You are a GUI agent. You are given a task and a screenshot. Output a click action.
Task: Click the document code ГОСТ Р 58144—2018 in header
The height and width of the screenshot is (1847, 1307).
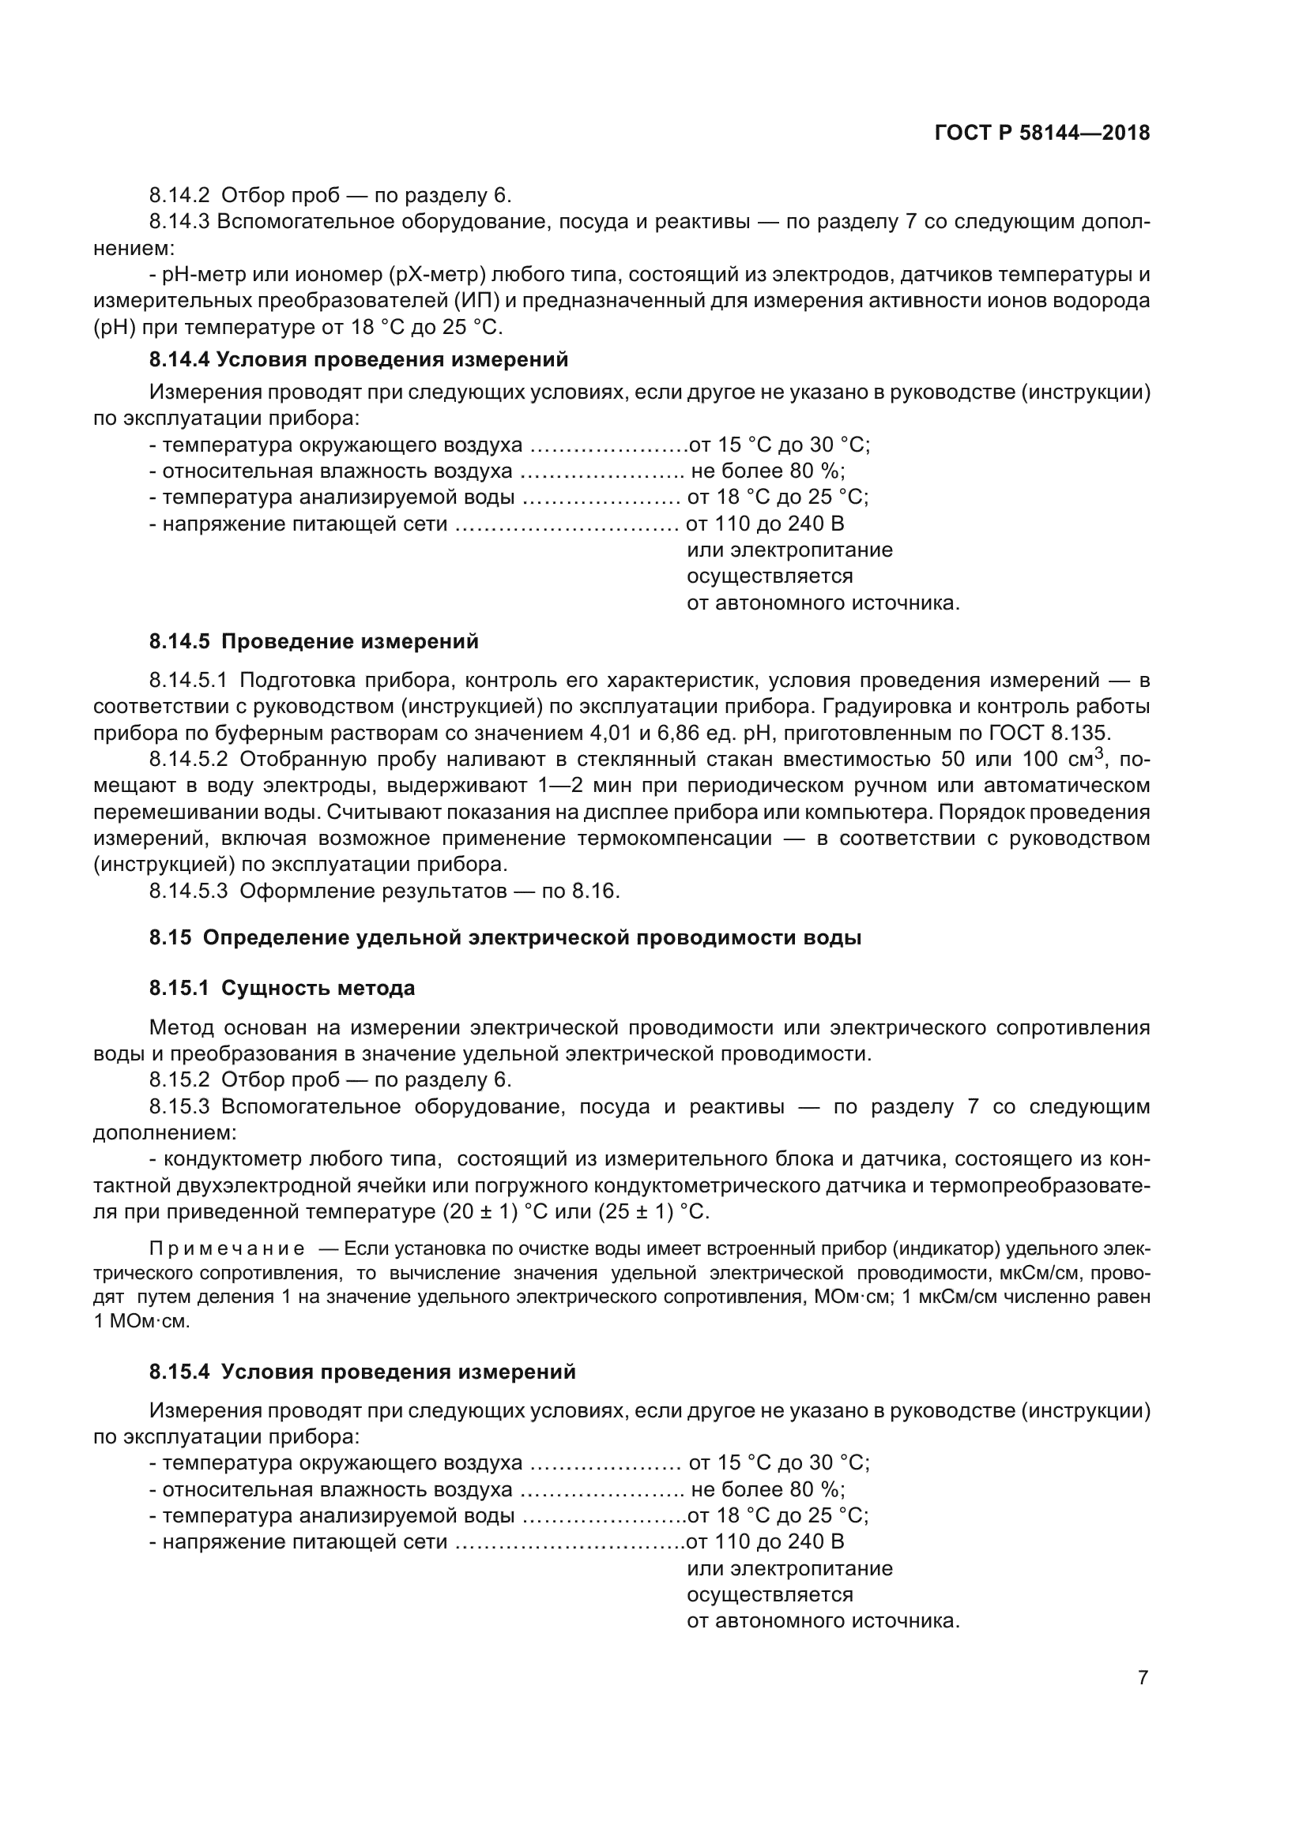(x=1042, y=133)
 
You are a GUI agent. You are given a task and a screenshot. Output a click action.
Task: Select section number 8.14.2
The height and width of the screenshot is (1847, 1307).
(x=179, y=196)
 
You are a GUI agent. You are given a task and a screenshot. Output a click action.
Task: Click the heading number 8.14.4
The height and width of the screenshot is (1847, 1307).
(x=179, y=359)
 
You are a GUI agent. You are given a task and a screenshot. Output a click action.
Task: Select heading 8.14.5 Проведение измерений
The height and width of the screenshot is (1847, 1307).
(x=314, y=642)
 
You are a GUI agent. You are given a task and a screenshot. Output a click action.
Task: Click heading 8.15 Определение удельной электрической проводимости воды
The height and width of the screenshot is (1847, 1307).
(x=505, y=938)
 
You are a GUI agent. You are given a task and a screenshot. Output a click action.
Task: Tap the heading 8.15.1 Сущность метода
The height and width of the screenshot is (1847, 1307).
(x=281, y=988)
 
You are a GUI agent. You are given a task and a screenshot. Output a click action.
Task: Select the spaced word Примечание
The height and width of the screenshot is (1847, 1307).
(x=227, y=1248)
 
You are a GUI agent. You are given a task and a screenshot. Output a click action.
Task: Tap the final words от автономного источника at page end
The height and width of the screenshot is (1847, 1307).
(x=823, y=1621)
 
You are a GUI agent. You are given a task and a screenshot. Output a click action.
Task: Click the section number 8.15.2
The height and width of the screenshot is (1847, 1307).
(x=179, y=1080)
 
